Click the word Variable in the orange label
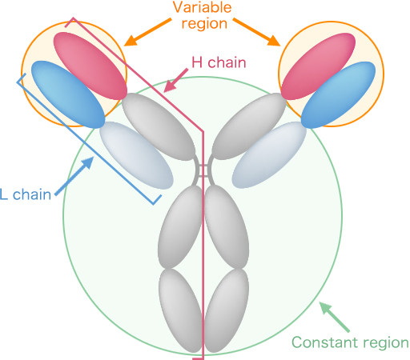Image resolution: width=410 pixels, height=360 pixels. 203,7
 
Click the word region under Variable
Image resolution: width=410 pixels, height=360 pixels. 204,24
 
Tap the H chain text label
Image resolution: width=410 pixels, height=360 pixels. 219,62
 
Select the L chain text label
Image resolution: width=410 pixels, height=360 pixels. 26,194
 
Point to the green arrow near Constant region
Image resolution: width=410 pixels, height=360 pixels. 335,317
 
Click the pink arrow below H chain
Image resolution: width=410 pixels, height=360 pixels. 175,80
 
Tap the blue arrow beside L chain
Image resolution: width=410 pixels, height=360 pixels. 74,176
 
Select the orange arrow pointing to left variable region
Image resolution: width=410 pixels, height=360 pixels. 147,32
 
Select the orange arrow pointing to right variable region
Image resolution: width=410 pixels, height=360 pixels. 257,32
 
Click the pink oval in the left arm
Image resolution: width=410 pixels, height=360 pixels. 90,66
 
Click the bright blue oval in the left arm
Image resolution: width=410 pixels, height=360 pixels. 68,94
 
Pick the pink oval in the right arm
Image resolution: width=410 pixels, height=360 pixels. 319,66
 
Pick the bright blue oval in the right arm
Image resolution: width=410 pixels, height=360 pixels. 338,95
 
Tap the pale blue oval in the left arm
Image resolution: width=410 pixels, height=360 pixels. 136,155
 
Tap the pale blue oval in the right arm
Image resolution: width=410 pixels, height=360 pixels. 269,155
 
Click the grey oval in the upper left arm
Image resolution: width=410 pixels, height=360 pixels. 159,126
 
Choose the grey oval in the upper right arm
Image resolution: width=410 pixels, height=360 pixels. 249,126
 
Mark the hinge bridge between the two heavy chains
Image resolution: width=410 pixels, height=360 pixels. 203,170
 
